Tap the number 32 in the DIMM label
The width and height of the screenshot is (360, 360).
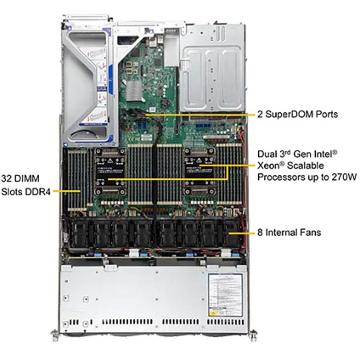tap(6, 178)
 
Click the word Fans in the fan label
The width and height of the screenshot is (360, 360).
tap(310, 233)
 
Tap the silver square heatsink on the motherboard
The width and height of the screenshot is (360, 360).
tap(133, 91)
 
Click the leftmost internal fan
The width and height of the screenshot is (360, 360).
tap(78, 233)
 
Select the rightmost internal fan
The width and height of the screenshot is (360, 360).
tap(232, 233)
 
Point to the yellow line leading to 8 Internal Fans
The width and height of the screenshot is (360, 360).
tap(242, 233)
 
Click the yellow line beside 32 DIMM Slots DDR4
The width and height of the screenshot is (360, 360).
tap(67, 191)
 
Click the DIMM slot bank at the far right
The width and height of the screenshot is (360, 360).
tap(229, 173)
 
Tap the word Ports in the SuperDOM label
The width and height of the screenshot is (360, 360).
tap(328, 115)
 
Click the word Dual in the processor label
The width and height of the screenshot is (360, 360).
tap(267, 155)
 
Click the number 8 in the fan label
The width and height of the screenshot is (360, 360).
tap(260, 233)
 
